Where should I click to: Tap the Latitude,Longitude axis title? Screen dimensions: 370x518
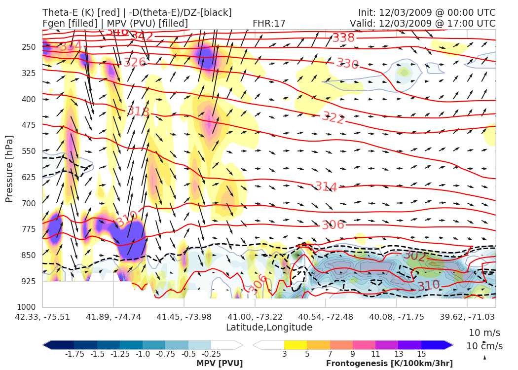point(269,328)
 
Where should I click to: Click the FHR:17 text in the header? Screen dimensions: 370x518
point(269,23)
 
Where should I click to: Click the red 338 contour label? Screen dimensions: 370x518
point(343,38)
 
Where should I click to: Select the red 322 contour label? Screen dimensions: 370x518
point(333,118)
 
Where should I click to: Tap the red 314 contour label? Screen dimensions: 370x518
point(326,187)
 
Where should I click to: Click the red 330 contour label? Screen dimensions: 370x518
point(347,64)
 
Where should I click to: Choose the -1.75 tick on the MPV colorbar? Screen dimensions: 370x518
point(74,354)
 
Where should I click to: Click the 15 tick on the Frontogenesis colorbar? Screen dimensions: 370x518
point(421,354)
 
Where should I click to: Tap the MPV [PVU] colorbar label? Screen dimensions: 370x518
point(219,364)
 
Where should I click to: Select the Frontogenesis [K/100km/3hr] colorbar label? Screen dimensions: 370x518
point(389,364)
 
